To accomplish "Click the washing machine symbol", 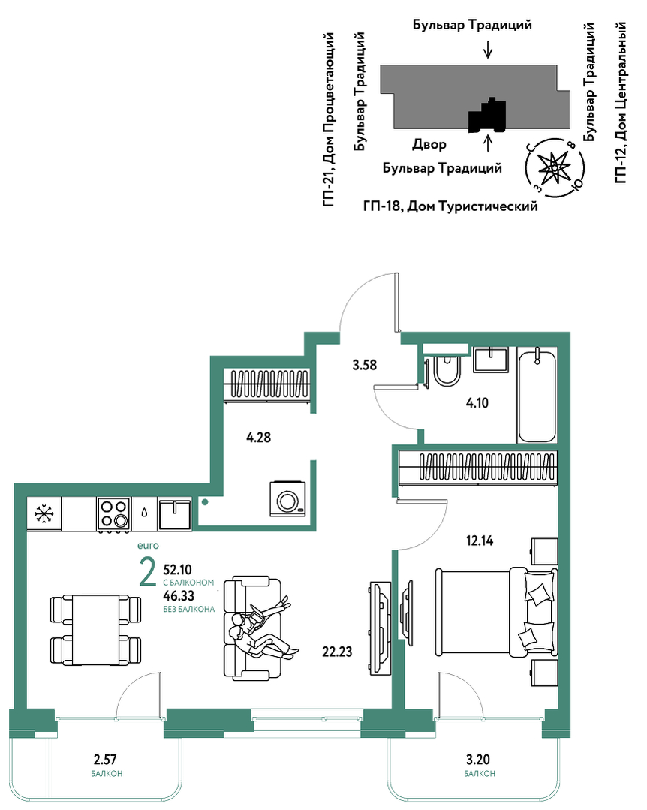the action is coord(287,498).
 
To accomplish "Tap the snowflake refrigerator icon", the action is coord(44,513).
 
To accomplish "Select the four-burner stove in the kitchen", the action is coord(113,514).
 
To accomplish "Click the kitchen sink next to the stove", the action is coord(175,514).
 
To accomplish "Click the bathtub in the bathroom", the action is coord(537,396).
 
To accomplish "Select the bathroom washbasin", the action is coord(491,359).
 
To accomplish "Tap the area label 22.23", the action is coord(337,652).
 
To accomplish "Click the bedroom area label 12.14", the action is coord(480,541).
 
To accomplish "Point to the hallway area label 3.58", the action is coord(365,366).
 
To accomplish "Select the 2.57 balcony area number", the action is coord(105,760).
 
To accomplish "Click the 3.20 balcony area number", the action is coord(477,760).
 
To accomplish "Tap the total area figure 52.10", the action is coord(178,570).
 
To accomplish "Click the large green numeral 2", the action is coord(148,572).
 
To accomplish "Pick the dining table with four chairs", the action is coord(95,631).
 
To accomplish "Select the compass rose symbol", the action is coord(554,167).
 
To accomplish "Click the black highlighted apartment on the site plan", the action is coord(487,116).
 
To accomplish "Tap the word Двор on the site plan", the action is coord(429,145).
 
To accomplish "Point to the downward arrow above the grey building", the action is coord(488,50).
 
